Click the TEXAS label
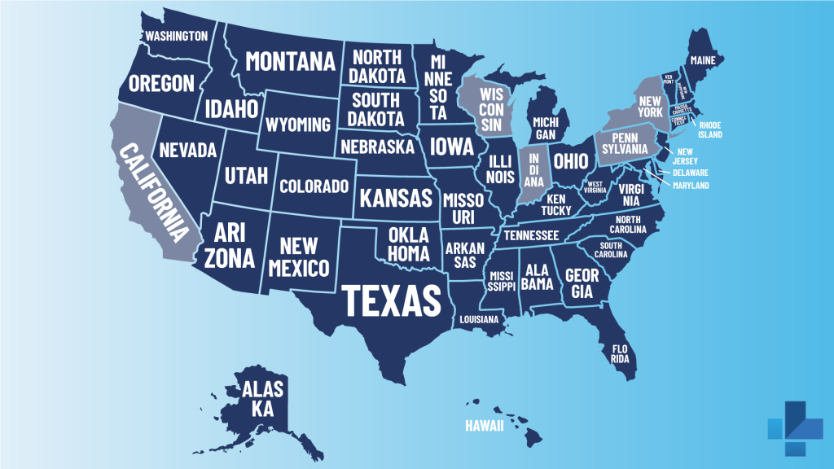(392, 300)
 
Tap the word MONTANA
(291, 61)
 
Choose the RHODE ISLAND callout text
(709, 130)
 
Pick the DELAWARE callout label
(690, 173)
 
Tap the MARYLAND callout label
(691, 186)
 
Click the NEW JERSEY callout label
(683, 156)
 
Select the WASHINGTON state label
(176, 36)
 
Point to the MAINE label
(702, 60)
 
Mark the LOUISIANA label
(478, 320)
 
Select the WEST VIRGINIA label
(595, 186)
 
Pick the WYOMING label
(297, 125)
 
